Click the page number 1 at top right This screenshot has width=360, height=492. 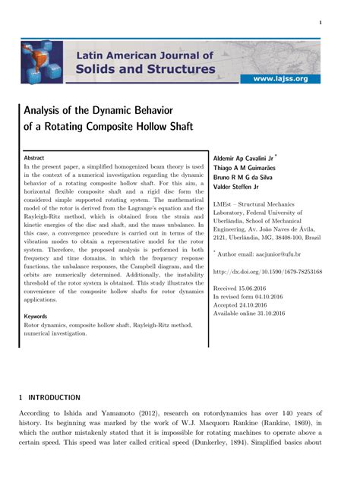pyautogui.click(x=321, y=23)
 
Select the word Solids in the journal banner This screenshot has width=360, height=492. pyautogui.click(x=103, y=70)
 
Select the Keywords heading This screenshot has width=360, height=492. pyautogui.click(x=36, y=316)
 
